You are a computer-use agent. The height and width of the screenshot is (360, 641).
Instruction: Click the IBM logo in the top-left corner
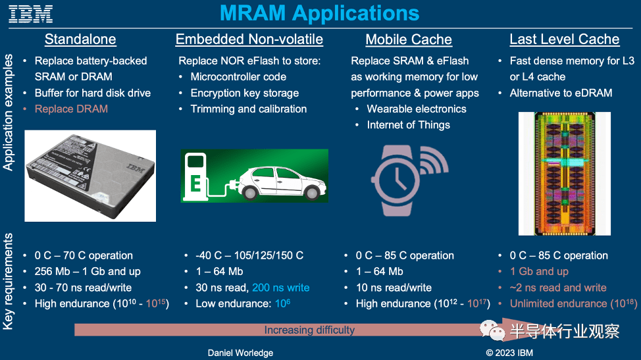(x=31, y=14)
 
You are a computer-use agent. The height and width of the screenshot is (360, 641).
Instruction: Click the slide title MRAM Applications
(x=319, y=13)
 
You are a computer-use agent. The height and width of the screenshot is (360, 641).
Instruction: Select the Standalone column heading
(x=80, y=39)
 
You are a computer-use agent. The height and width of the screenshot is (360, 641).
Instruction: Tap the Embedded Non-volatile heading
(x=249, y=39)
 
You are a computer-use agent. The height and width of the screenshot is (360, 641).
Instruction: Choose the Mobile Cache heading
(x=409, y=39)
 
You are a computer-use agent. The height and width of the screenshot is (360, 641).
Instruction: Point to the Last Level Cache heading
(x=564, y=39)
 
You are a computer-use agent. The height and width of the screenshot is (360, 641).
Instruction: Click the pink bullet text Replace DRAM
(x=71, y=109)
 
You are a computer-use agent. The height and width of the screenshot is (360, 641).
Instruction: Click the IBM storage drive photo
(x=90, y=176)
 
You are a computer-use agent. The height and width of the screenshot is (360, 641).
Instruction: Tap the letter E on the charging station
(x=195, y=183)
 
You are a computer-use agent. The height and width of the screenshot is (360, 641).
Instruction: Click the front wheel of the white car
(x=313, y=192)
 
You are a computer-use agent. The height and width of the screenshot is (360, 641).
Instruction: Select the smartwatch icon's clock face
(x=397, y=180)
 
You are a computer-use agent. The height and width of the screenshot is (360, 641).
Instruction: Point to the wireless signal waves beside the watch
(x=434, y=161)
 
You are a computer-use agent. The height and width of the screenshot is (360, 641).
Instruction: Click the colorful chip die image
(x=565, y=174)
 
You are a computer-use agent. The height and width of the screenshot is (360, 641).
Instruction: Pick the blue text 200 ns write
(x=281, y=288)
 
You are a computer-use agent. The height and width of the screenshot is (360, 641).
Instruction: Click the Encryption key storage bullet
(x=244, y=93)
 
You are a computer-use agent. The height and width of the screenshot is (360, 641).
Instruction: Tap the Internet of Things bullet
(x=409, y=125)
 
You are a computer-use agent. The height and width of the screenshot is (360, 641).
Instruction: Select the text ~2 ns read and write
(x=558, y=288)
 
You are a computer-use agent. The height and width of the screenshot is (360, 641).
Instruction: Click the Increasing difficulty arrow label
(x=309, y=330)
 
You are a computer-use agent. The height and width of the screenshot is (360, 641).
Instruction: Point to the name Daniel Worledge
(x=240, y=353)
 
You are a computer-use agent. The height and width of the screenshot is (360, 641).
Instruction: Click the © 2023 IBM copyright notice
(x=509, y=353)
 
